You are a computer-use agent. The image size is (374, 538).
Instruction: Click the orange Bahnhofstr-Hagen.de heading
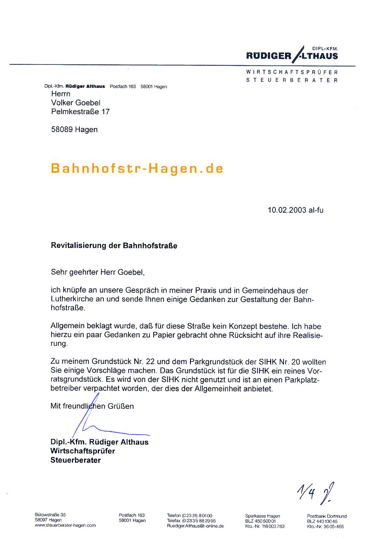(137, 168)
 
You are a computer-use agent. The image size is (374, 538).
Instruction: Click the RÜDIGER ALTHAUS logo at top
(292, 55)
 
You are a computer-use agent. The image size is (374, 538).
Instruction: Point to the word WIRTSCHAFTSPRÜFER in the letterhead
(292, 73)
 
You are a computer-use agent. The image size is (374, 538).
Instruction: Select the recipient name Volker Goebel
(76, 103)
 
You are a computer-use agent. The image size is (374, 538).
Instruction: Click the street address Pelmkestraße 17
(80, 112)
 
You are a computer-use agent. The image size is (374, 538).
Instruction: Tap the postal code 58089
(62, 130)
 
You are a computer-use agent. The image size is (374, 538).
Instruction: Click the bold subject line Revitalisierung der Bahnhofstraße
(114, 246)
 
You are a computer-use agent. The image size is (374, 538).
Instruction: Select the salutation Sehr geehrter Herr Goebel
(101, 272)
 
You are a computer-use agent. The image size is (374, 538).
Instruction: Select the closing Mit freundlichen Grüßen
(92, 406)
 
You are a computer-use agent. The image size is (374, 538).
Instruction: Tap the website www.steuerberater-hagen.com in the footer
(65, 526)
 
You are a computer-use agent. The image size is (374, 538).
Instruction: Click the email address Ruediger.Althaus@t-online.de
(195, 526)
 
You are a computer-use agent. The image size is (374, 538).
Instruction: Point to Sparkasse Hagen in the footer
(263, 516)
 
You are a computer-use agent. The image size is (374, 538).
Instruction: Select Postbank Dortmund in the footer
(327, 516)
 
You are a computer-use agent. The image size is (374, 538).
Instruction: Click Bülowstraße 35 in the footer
(50, 515)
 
